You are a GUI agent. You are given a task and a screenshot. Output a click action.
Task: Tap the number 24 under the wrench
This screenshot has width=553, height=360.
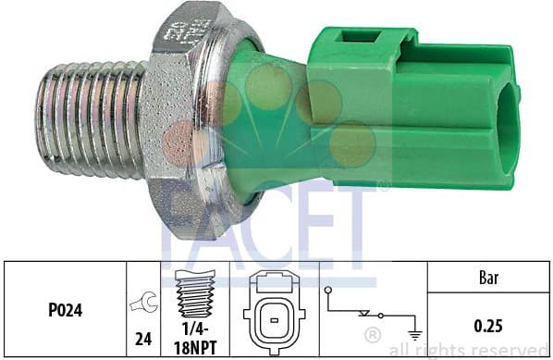pyautogui.click(x=143, y=339)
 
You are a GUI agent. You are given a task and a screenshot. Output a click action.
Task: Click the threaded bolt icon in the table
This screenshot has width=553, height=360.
pyautogui.click(x=195, y=293)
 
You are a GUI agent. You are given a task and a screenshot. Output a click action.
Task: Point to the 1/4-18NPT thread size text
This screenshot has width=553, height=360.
pyautogui.click(x=195, y=334)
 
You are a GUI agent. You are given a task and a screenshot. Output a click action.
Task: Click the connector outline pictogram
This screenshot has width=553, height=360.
pyautogui.click(x=274, y=310)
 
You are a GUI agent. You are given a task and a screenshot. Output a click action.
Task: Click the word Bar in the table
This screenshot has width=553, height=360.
pyautogui.click(x=489, y=276)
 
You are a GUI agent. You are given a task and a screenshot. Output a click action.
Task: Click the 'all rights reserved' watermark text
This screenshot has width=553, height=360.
pyautogui.click(x=469, y=350)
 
